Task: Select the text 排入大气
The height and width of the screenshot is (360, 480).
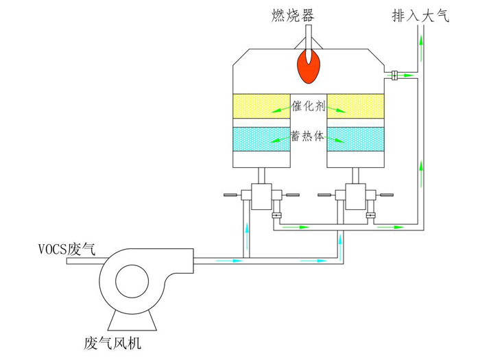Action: tap(420, 16)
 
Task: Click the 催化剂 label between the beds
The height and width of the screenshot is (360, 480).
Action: tap(308, 106)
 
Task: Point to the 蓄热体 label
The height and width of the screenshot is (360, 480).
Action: tap(308, 136)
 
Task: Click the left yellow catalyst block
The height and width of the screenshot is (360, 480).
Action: tap(261, 106)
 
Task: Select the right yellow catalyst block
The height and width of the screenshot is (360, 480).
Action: tap(354, 106)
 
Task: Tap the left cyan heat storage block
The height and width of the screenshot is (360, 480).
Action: tap(261, 139)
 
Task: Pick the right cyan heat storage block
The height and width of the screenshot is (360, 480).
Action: tap(354, 139)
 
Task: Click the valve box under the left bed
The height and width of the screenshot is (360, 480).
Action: tap(261, 197)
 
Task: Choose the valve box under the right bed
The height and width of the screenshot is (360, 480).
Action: tap(355, 197)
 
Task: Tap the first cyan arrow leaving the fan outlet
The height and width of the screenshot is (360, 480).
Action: tap(237, 261)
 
